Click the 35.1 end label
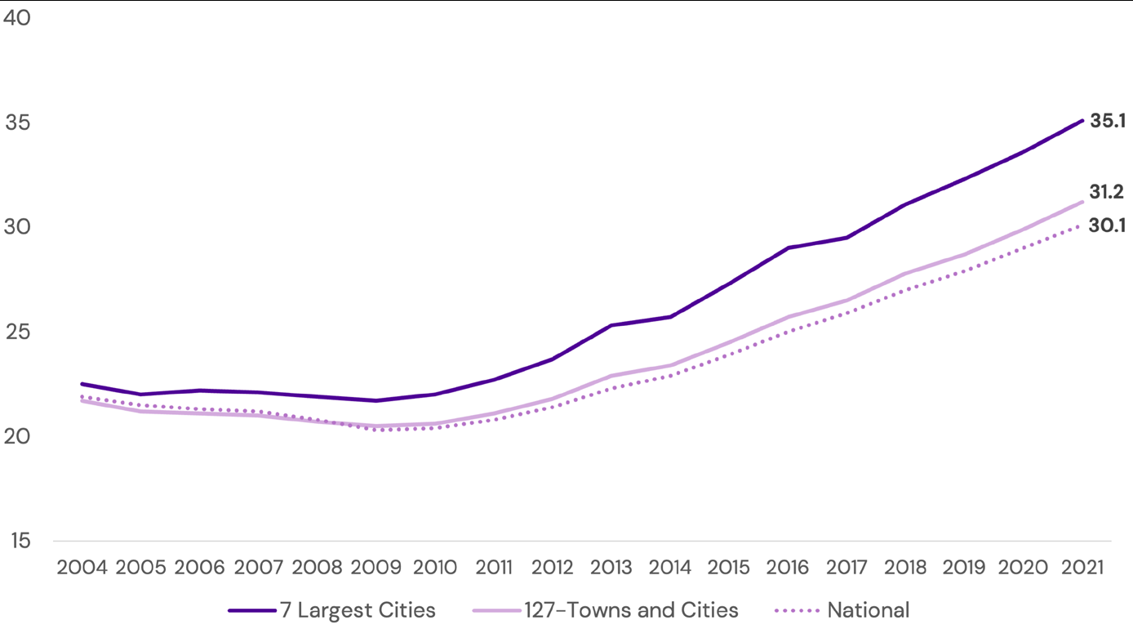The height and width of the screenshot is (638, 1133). [x=1108, y=122]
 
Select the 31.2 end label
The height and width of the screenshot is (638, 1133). [x=1107, y=193]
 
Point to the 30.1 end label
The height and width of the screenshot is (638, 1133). [x=1107, y=226]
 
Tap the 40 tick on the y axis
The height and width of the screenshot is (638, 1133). [x=17, y=18]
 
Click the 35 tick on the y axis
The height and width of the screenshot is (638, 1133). [x=17, y=123]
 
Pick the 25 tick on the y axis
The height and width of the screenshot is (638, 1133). [x=17, y=332]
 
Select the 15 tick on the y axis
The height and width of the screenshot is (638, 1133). [x=17, y=541]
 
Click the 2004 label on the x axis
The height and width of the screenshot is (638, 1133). [x=82, y=567]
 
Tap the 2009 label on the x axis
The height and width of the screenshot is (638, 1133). [x=376, y=567]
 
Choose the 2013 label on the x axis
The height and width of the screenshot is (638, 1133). [x=611, y=567]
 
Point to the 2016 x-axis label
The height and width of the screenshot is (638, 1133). [x=788, y=567]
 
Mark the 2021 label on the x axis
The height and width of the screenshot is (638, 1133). [x=1082, y=567]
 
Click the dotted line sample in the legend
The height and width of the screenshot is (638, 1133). [x=796, y=611]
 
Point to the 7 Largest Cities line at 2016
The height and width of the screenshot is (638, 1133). [x=788, y=248]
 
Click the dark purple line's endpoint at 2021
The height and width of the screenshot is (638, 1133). [x=1082, y=121]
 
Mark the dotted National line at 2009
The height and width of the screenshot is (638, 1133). [x=376, y=430]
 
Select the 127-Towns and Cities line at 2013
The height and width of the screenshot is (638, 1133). [x=611, y=376]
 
